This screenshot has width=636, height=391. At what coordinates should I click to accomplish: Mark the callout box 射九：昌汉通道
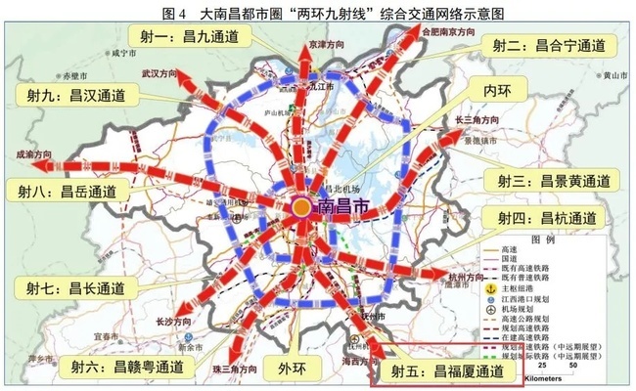pyautogui.click(x=70, y=95)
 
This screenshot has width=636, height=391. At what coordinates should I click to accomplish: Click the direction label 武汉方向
pyautogui.click(x=158, y=73)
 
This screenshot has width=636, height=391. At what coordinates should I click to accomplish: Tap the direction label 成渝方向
pyautogui.click(x=31, y=153)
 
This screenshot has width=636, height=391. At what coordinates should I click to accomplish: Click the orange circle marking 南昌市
pyautogui.click(x=302, y=207)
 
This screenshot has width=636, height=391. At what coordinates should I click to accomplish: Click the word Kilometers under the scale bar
pyautogui.click(x=545, y=375)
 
